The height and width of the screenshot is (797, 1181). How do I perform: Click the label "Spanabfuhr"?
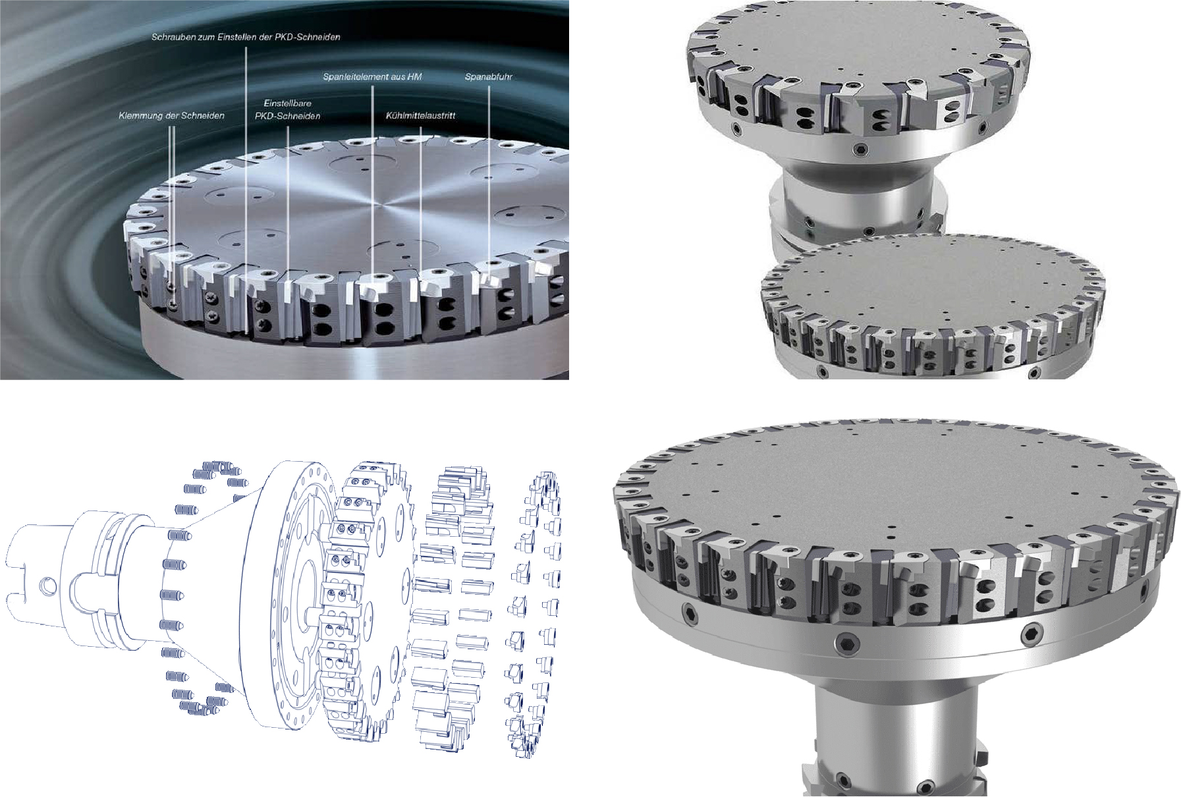pos(488,77)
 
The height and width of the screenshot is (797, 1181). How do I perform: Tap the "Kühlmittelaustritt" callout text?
pos(420,115)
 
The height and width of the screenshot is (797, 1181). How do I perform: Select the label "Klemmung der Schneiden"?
pos(171,115)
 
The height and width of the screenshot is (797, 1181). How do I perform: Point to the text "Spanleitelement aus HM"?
pos(372,77)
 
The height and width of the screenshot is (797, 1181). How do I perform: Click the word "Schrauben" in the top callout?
pos(171,38)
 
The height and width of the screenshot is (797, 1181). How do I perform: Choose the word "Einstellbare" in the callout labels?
pos(287,103)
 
